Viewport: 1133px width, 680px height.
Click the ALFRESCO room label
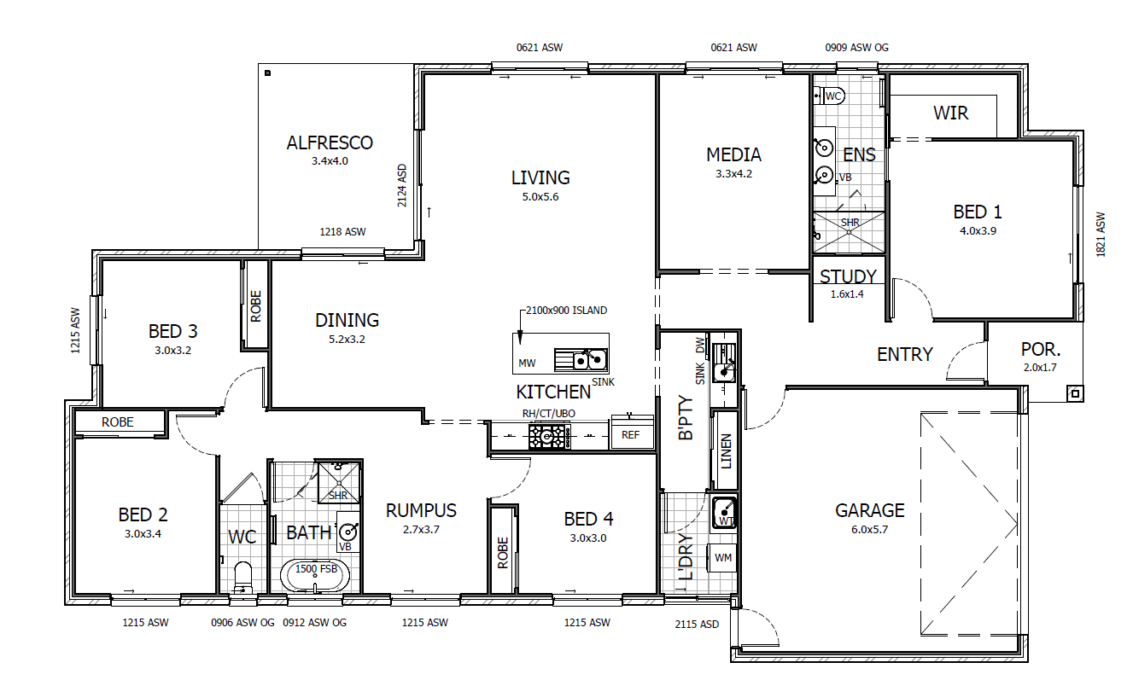click(330, 143)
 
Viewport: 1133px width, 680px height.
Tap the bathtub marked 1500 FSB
click(315, 575)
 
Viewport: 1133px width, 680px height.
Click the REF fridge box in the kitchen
click(630, 435)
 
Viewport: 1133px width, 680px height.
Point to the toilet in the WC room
click(243, 577)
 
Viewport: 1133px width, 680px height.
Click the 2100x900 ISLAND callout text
click(567, 311)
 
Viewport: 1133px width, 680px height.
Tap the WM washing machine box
click(722, 558)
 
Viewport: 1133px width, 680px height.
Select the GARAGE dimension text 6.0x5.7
click(869, 530)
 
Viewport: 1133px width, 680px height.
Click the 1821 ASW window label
click(1101, 235)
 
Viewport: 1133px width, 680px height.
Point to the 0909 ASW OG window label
click(857, 48)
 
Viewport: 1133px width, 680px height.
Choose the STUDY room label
click(848, 276)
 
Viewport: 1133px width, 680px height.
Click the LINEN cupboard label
click(726, 451)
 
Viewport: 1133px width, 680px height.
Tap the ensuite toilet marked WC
click(829, 96)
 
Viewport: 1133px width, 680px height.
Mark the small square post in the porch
click(1075, 393)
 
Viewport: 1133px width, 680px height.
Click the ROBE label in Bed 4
click(502, 553)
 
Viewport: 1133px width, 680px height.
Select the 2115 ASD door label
click(697, 625)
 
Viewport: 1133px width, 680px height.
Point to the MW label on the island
click(527, 363)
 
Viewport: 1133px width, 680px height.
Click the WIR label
click(951, 113)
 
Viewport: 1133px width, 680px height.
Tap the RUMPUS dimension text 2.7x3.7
click(421, 530)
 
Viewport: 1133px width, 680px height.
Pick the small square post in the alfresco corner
click(267, 73)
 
